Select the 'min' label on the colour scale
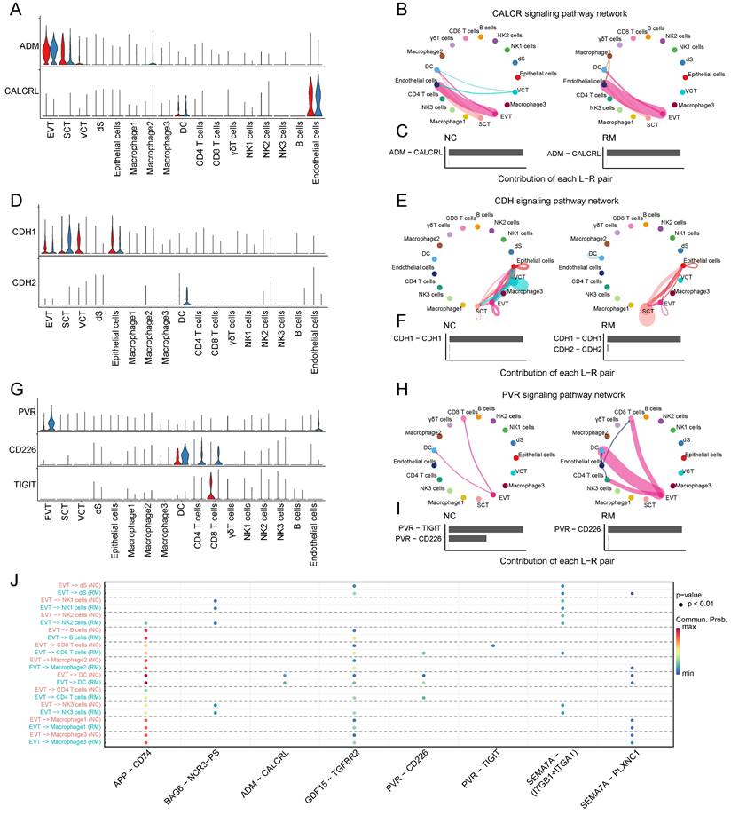tap(684, 698)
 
